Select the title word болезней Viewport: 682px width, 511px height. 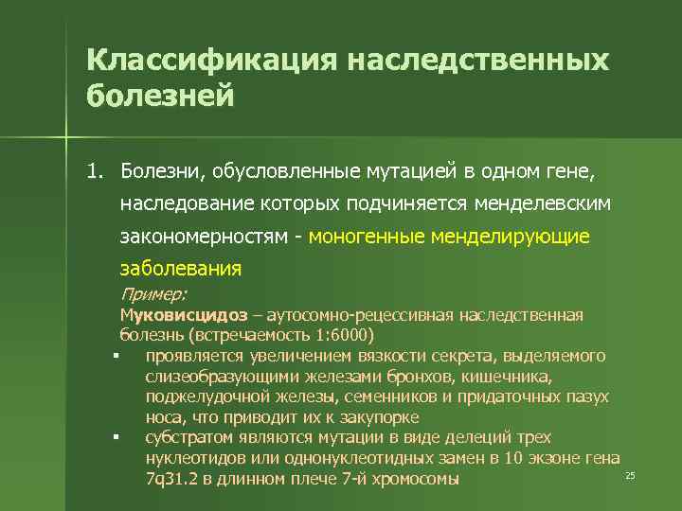[159, 97]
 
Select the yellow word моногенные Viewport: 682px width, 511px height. [366, 236]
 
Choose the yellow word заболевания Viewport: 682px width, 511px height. [180, 268]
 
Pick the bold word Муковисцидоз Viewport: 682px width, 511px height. [184, 314]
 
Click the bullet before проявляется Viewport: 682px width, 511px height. [113, 357]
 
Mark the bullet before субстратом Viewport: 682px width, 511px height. [113, 438]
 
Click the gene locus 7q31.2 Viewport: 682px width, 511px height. [171, 479]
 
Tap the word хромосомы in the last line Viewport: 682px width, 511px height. [413, 479]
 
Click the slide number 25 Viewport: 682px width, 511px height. [629, 474]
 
